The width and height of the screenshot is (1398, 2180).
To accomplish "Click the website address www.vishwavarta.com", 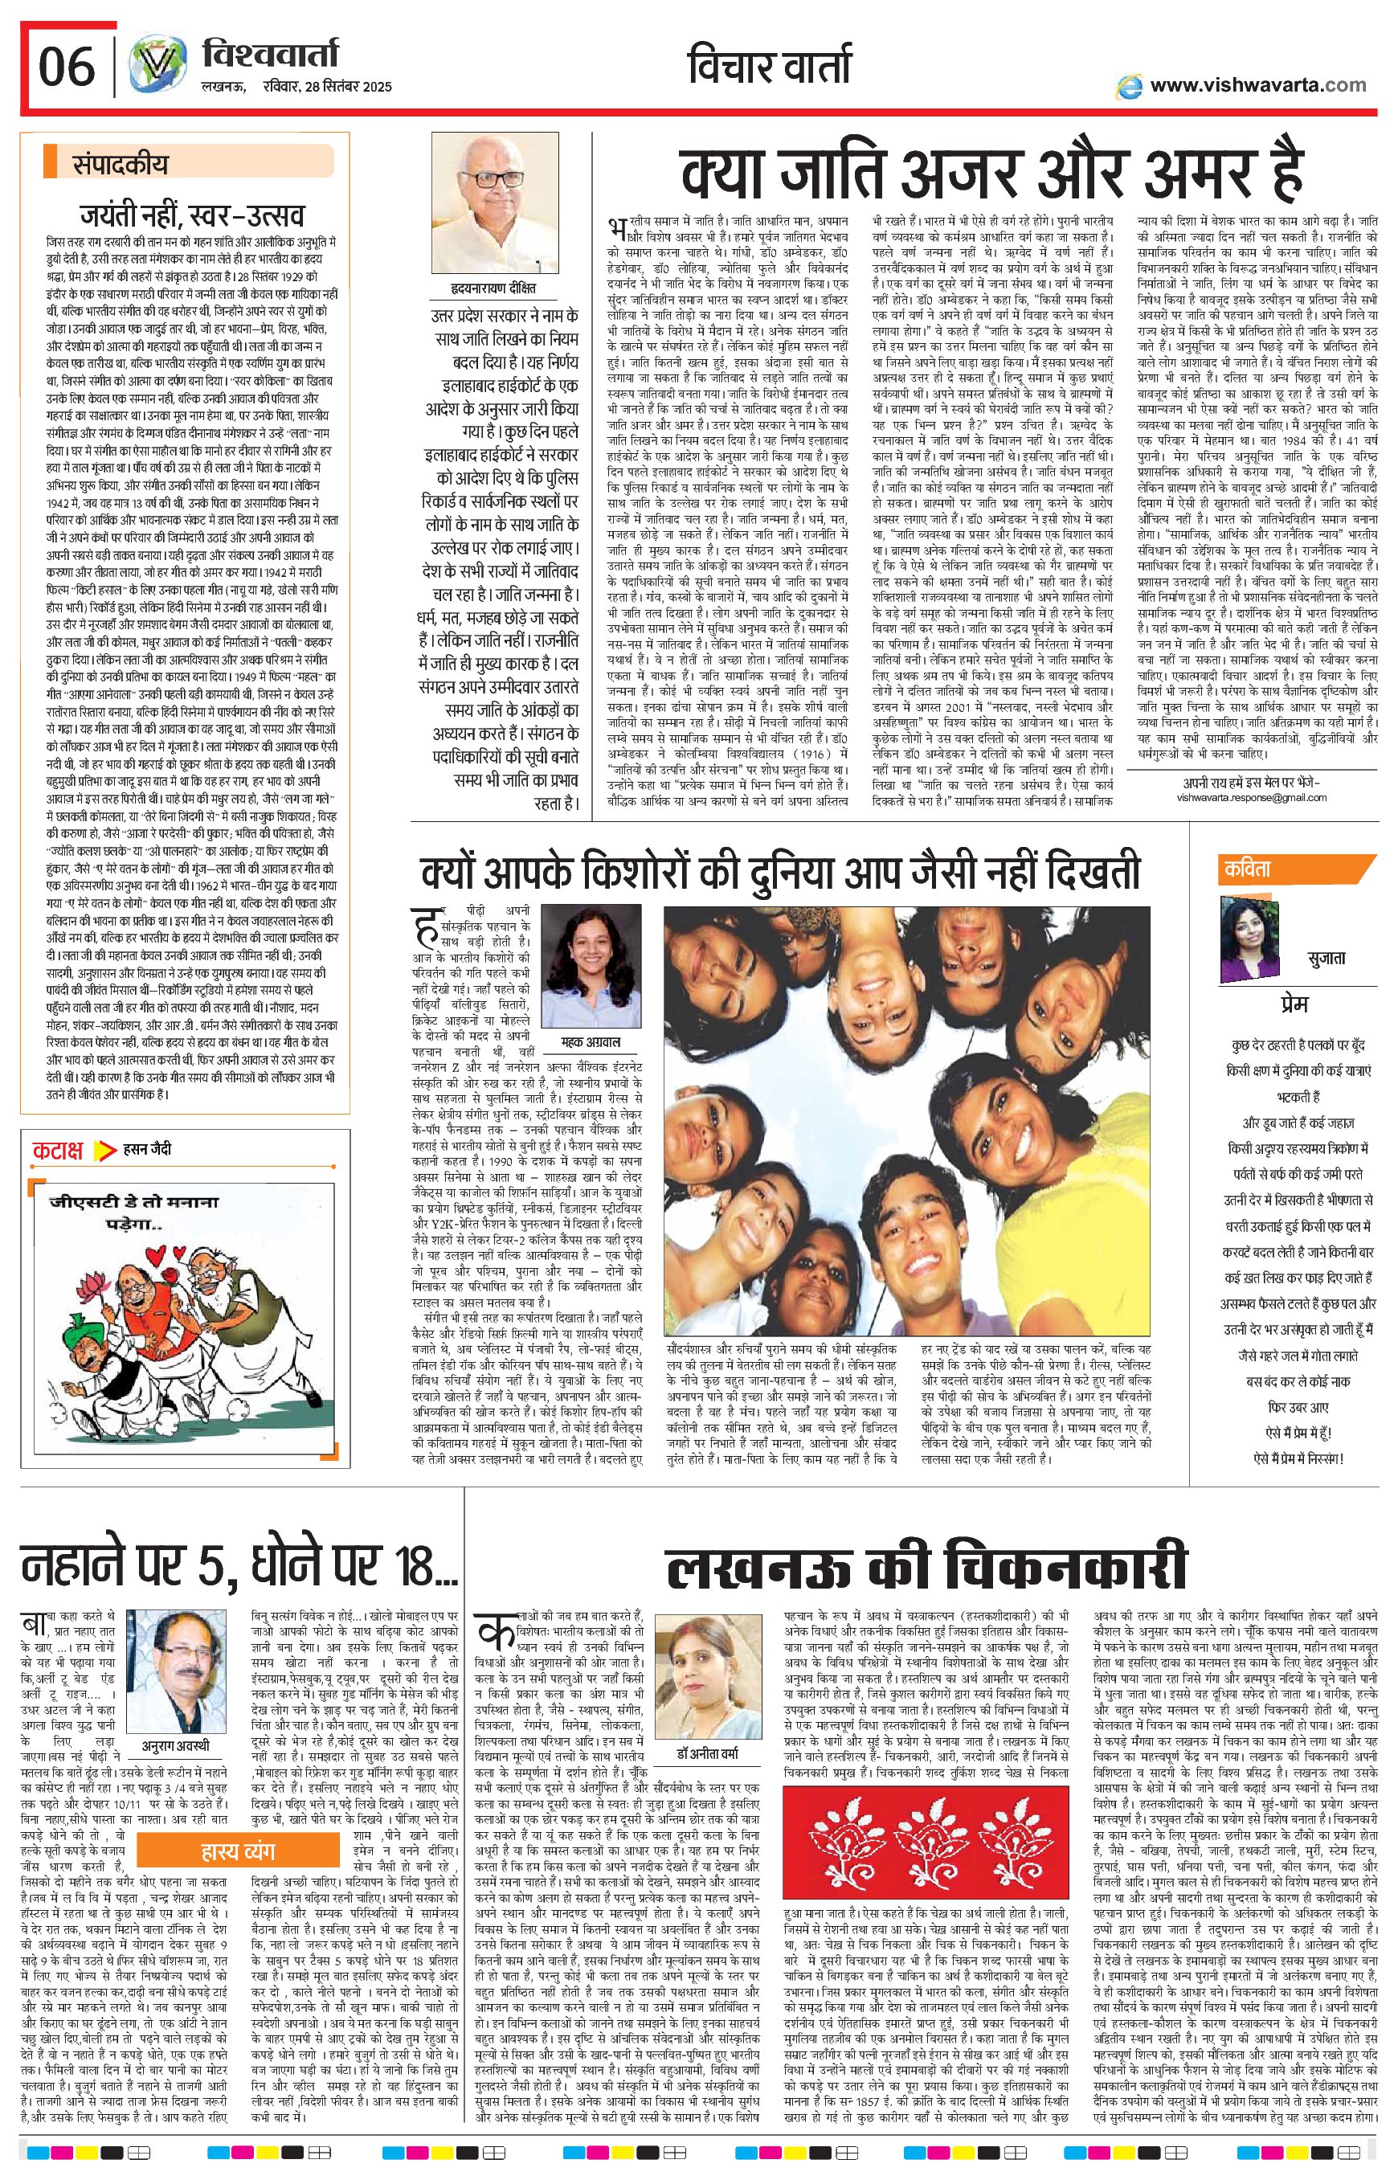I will point(1257,85).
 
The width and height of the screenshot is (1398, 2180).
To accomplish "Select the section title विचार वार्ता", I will point(770,69).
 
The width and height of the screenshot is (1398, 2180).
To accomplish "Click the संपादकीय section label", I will point(121,166).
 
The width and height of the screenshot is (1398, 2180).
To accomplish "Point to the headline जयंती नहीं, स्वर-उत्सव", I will point(193,217).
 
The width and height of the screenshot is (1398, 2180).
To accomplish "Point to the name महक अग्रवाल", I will point(594,1041).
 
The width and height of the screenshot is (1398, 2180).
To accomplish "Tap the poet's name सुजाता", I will point(1326,959).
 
